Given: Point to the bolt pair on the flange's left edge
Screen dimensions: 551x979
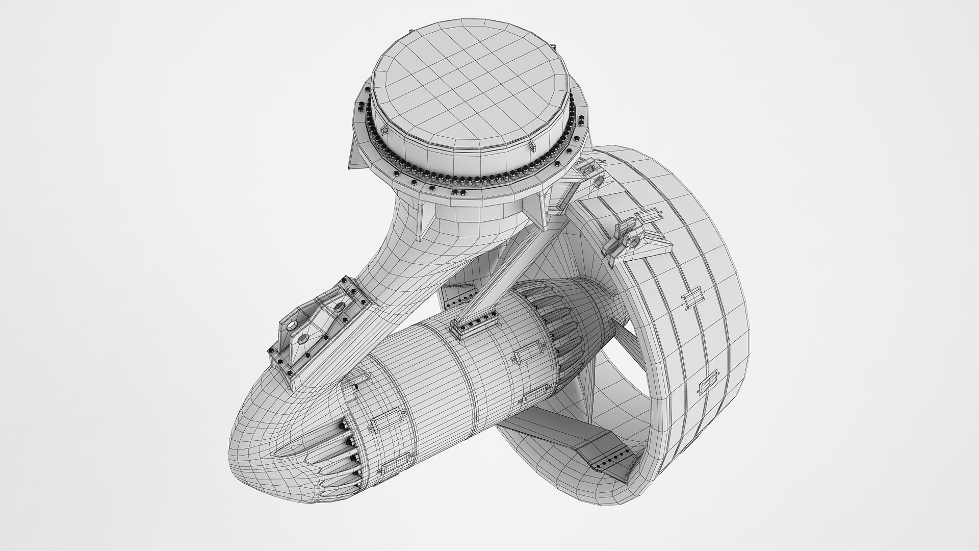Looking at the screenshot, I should tap(360, 108).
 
